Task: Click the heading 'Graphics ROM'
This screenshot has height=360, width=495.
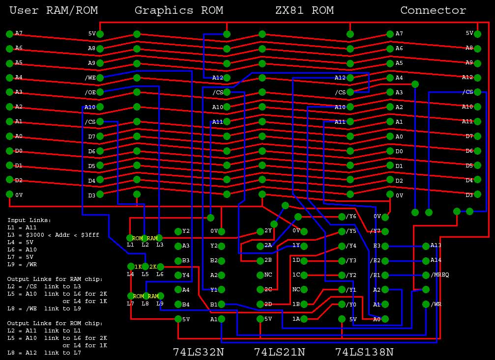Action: tap(178, 10)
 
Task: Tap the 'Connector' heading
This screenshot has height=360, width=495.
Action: tap(433, 10)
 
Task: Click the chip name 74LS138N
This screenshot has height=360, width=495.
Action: tap(364, 352)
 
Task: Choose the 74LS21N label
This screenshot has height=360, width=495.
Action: tap(279, 352)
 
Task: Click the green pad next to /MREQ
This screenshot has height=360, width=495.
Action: tap(426, 275)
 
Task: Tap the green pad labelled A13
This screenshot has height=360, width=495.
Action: tap(426, 246)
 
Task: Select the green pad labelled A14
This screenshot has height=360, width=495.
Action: tap(426, 260)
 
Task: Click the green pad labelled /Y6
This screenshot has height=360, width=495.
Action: tap(342, 217)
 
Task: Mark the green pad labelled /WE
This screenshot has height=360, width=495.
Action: tap(100, 78)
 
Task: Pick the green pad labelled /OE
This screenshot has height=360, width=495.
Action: tap(100, 92)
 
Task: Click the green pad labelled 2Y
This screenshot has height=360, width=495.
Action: tap(261, 231)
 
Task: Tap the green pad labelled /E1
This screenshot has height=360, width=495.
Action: tap(385, 275)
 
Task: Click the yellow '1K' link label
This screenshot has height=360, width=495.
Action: tap(138, 267)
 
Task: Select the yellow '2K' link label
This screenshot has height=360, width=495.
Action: tap(152, 267)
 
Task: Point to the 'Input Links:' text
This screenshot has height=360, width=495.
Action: tap(29, 220)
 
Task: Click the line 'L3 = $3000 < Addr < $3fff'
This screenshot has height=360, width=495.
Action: tap(53, 235)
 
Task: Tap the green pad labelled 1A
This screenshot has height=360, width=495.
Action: tap(304, 319)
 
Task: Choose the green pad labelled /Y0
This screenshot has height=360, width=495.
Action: tap(342, 305)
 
